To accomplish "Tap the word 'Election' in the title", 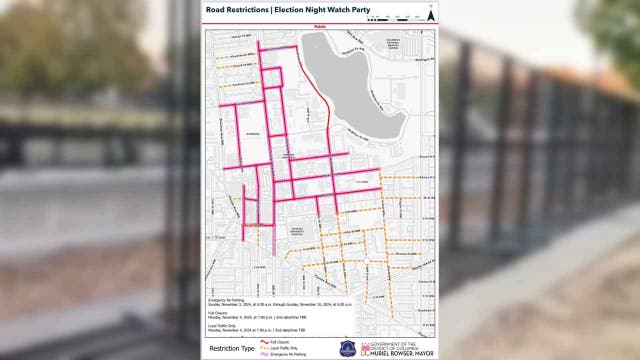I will pyautogui.click(x=295, y=10).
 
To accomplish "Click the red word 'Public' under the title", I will pyautogui.click(x=320, y=25).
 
